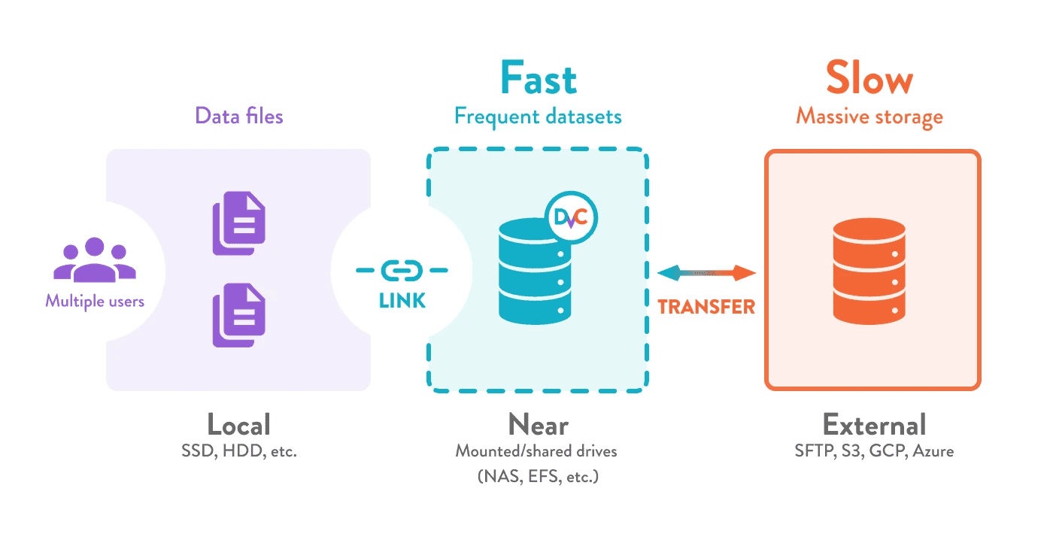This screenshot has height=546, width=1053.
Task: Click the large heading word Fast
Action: [539, 79]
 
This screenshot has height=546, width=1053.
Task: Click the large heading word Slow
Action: [869, 79]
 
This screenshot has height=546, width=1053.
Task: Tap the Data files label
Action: [239, 116]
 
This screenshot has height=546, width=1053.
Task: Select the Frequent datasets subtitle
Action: [538, 117]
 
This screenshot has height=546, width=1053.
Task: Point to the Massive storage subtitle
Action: [869, 117]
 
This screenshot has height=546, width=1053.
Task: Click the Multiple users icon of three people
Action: [95, 260]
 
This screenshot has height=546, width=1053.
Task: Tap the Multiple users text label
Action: [95, 301]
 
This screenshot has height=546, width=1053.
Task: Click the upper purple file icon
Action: [239, 223]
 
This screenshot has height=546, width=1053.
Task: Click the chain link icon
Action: [402, 269]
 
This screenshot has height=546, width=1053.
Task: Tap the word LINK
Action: [402, 301]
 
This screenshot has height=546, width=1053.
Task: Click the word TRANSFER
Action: [706, 306]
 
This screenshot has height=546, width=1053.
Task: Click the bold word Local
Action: [238, 425]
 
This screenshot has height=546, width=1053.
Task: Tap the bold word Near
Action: [538, 425]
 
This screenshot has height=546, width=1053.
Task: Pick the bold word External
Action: [874, 425]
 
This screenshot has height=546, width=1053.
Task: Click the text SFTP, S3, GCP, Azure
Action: [874, 452]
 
